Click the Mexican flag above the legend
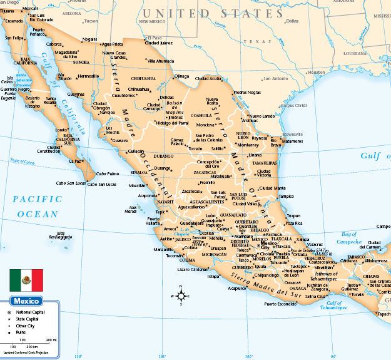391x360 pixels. pos(26,280)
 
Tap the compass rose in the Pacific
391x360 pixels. pos(181,296)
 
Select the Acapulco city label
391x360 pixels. pos(236,289)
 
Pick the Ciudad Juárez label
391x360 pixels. pos(159,43)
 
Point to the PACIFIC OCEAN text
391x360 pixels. pos(38,206)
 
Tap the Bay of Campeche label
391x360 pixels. pos(349,237)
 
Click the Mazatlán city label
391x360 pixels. pos(139,185)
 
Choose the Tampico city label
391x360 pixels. pos(286,196)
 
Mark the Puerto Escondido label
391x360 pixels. pos(279,304)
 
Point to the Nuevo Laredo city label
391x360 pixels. pos(262,116)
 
